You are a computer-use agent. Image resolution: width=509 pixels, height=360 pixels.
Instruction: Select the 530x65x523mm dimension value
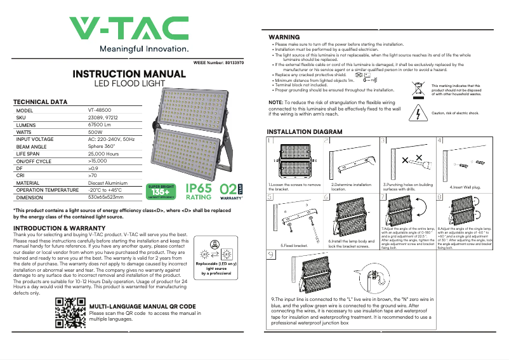[x=105, y=197]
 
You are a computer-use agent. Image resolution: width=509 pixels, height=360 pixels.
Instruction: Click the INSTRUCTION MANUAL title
[x=129, y=74]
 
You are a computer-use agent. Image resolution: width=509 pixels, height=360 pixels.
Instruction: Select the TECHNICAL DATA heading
[x=40, y=102]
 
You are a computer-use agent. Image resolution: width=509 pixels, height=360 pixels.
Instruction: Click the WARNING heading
[x=284, y=37]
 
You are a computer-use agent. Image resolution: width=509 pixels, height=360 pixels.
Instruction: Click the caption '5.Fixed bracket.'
[x=294, y=245]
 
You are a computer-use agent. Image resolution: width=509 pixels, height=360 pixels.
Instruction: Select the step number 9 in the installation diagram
[x=272, y=255]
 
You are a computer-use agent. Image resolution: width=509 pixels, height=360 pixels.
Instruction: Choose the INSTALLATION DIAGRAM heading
[x=305, y=131]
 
